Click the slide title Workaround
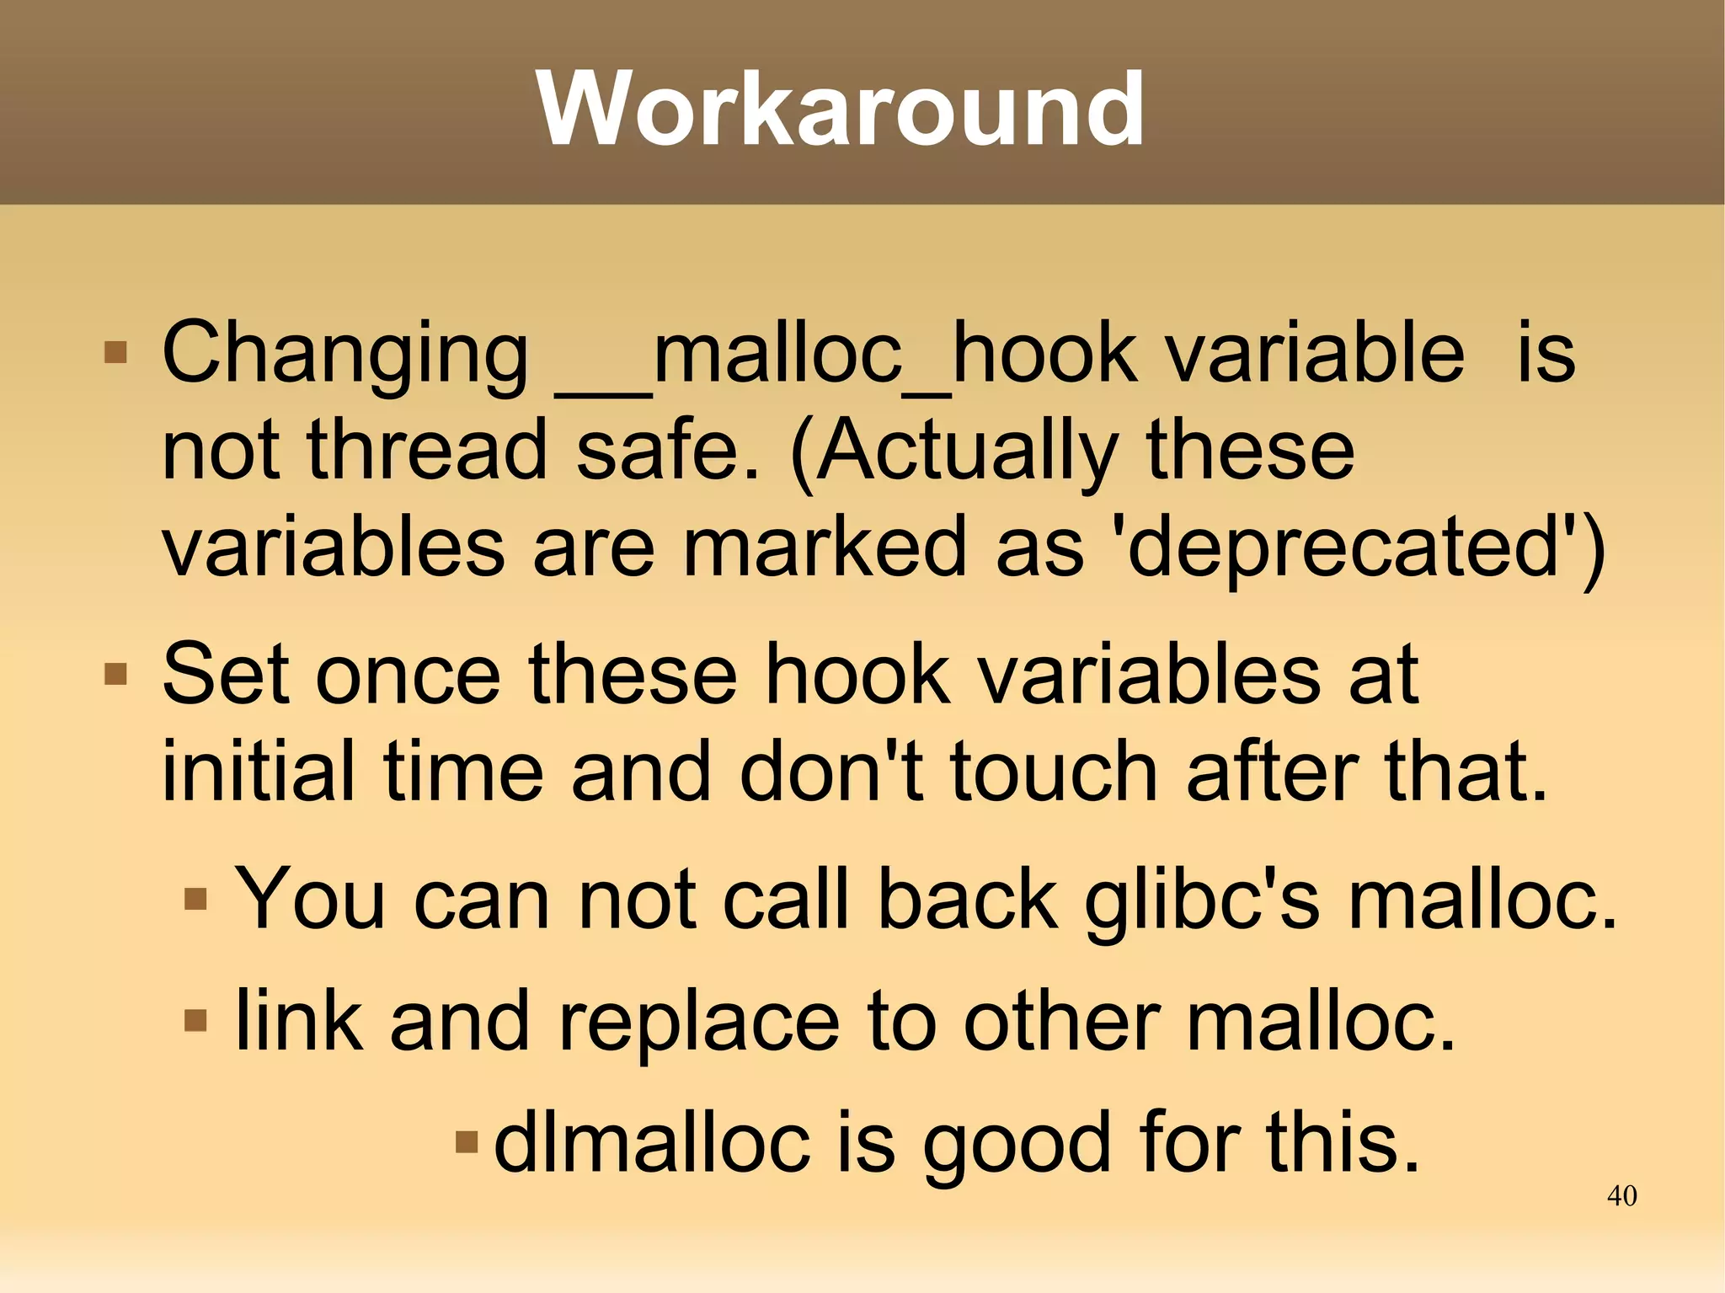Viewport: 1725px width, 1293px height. (841, 110)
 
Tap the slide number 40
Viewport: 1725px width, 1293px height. (1621, 1195)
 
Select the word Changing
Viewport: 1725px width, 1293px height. (345, 355)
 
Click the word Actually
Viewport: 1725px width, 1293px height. (955, 451)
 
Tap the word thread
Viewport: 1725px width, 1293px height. (427, 450)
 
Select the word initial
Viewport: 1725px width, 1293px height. (258, 772)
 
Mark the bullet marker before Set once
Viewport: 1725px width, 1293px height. (115, 675)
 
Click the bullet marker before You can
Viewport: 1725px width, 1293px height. (195, 899)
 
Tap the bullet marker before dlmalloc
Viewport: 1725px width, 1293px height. (466, 1143)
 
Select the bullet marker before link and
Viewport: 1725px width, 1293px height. (195, 1021)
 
